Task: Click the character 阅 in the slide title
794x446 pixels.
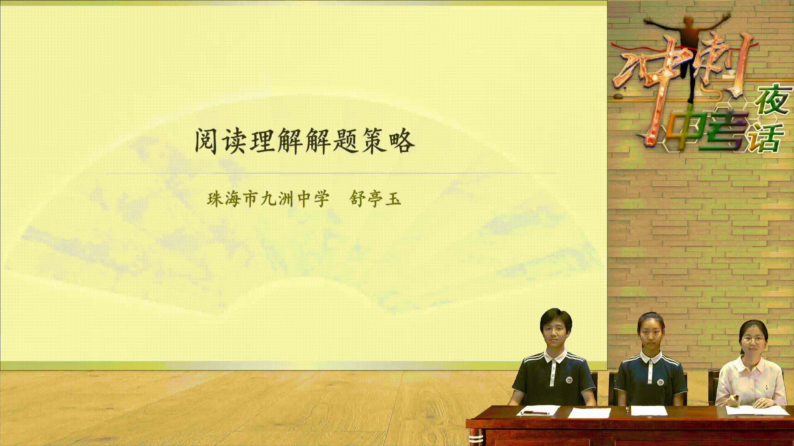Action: tap(206, 141)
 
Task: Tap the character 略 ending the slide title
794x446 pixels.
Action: tap(402, 141)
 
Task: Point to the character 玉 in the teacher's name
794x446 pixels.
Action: tap(393, 199)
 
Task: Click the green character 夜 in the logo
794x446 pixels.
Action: tap(772, 100)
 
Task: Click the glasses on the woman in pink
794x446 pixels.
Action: tap(753, 340)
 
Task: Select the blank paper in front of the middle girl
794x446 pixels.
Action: tap(649, 410)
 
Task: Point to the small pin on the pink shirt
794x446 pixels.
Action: tap(766, 388)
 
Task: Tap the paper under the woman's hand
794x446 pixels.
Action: tap(757, 410)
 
